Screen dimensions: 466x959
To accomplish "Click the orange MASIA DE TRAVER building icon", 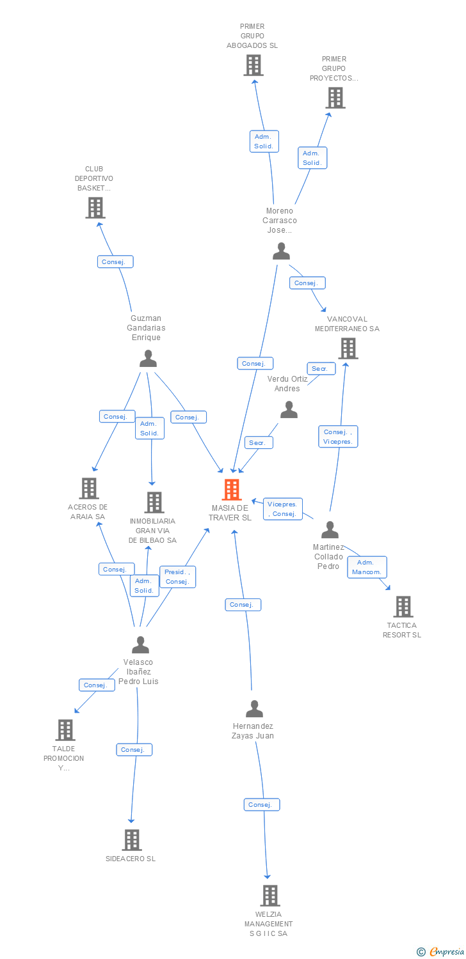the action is click(231, 490).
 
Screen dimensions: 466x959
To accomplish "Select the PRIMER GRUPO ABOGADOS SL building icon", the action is click(253, 65).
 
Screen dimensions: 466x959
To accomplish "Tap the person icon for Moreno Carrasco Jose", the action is click(281, 251).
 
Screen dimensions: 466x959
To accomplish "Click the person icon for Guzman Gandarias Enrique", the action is click(148, 359).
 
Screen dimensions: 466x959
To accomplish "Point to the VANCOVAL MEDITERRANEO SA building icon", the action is click(348, 348).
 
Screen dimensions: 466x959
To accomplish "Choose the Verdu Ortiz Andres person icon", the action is click(289, 410).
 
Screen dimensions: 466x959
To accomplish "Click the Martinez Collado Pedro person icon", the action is click(330, 530).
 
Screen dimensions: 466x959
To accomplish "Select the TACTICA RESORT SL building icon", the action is click(403, 607).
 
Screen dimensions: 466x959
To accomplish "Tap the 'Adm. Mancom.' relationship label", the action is click(367, 567).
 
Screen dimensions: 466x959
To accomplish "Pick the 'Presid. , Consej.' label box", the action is click(177, 577).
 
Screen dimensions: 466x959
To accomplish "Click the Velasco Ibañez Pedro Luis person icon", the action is click(140, 644).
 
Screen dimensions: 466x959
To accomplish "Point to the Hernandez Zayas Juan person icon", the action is click(254, 708).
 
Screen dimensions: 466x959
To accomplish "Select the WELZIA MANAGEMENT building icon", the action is click(270, 896).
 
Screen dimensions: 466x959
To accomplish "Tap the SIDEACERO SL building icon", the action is click(131, 840).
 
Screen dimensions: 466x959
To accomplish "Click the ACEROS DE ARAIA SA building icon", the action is click(88, 488).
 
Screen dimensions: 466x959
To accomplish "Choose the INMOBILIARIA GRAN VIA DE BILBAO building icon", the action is click(154, 503).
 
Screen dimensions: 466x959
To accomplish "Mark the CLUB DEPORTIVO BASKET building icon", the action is click(95, 208).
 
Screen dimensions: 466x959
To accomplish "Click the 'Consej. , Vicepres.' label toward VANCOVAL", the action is click(338, 437).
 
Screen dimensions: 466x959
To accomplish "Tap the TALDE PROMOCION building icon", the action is click(65, 729).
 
